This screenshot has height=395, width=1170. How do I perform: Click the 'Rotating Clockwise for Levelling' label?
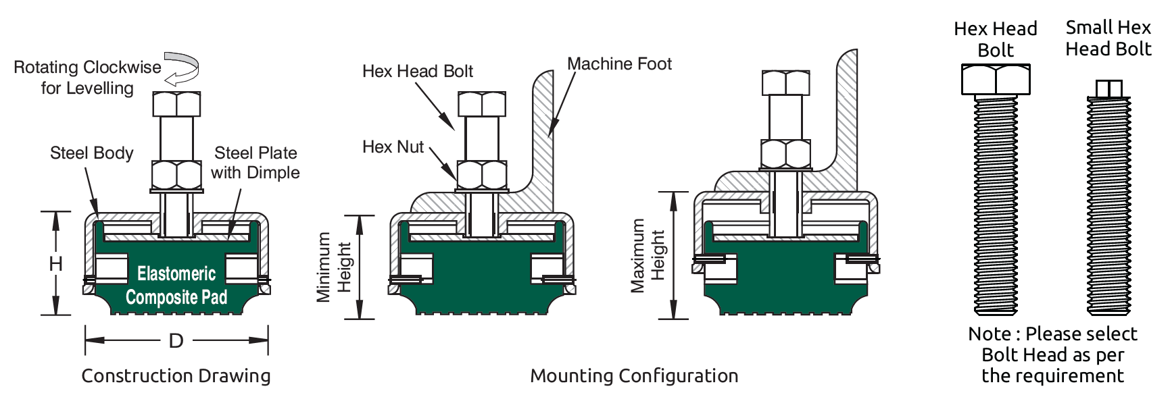[87, 78]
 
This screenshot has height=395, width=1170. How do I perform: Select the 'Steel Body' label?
[91, 153]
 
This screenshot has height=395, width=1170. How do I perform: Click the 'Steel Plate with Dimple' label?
[255, 163]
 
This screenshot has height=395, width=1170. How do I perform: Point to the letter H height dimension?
[56, 263]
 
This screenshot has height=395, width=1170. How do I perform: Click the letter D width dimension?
[176, 341]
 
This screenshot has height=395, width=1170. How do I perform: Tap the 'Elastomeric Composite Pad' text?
[176, 286]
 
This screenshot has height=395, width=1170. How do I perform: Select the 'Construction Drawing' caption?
[176, 376]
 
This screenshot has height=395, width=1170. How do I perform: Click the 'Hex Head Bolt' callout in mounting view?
[417, 72]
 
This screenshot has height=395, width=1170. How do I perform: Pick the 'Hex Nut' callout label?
[393, 147]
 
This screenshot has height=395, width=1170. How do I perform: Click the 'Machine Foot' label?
[619, 64]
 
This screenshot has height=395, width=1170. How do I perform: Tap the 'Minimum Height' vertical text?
[335, 267]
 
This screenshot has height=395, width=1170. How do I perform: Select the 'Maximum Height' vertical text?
[648, 255]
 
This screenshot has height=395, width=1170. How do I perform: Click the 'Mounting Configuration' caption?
[633, 376]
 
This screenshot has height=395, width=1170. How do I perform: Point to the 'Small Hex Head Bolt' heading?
[1108, 38]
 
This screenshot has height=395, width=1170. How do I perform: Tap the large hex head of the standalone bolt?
[996, 80]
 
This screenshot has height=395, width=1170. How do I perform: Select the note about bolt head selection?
[1052, 355]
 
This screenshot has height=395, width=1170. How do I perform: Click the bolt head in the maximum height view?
[785, 82]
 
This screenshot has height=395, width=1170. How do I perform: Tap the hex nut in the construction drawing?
[176, 176]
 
